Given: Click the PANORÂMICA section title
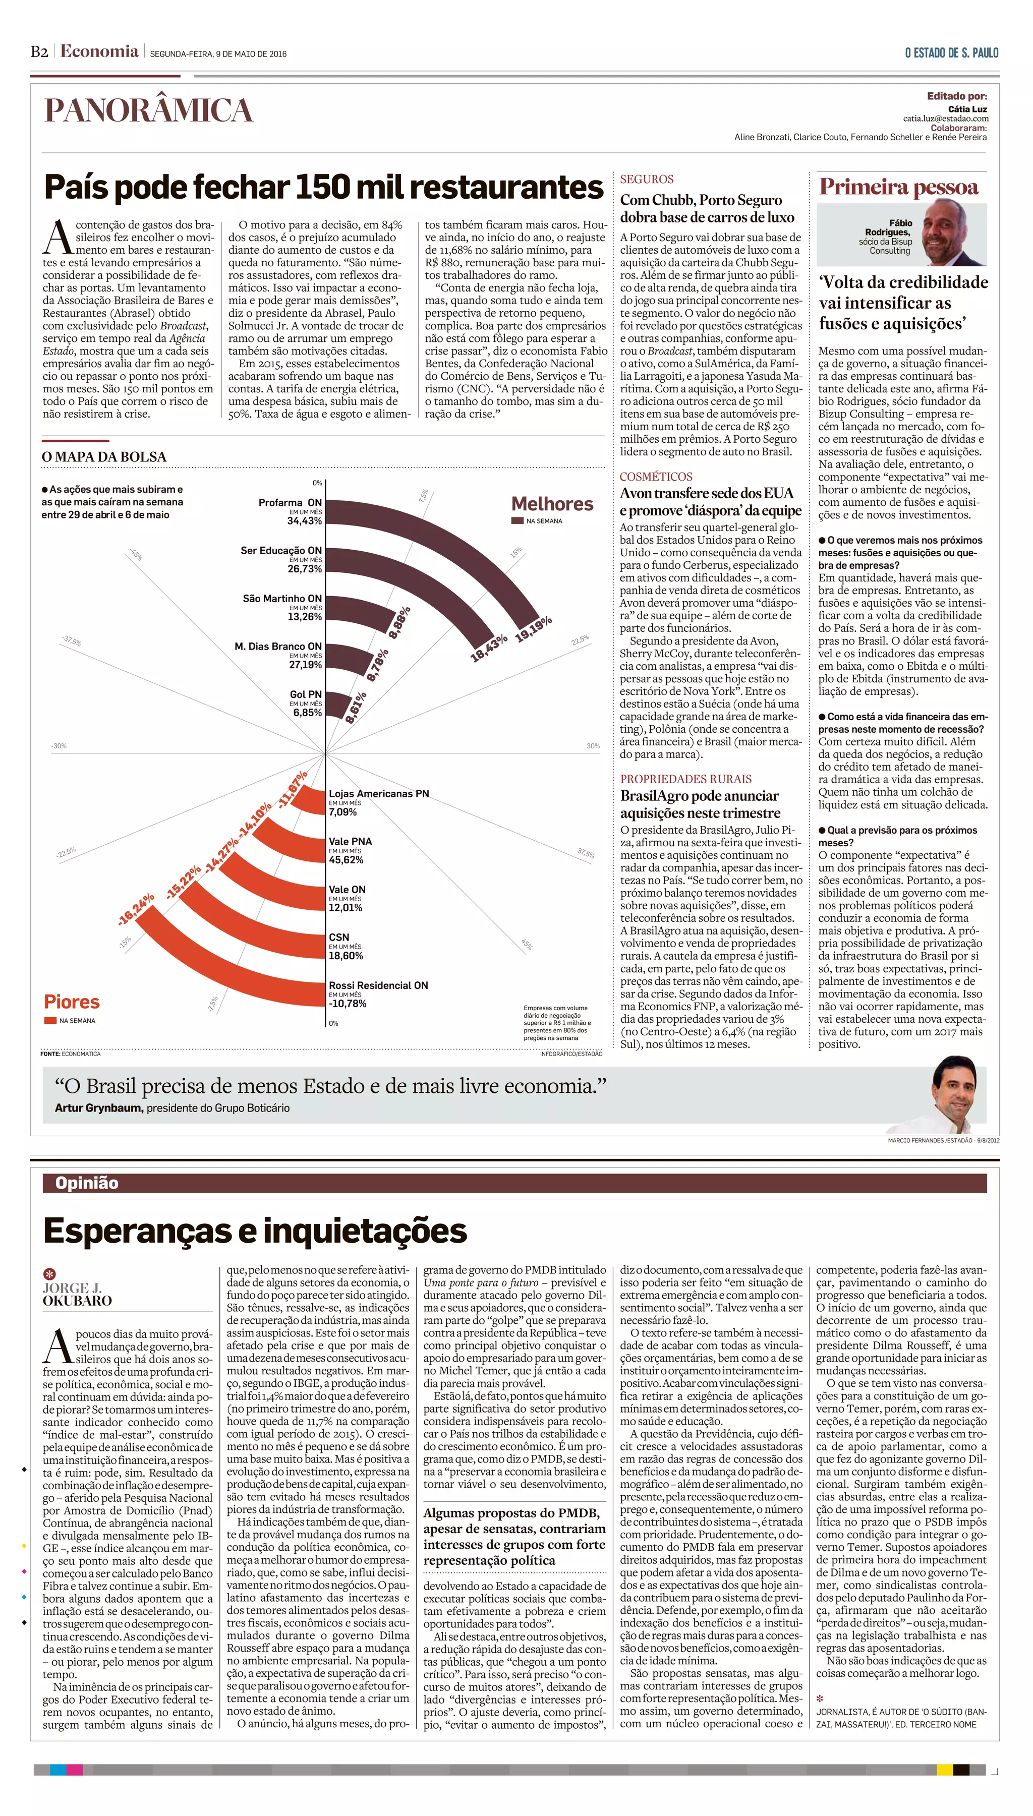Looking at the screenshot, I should [x=148, y=110].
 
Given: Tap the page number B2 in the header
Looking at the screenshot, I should [x=39, y=52].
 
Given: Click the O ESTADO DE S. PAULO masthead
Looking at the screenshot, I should [x=951, y=53].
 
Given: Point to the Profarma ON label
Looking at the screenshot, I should [x=290, y=502].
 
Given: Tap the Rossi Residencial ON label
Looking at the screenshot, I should [x=378, y=985].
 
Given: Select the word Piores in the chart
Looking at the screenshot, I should [x=72, y=1002].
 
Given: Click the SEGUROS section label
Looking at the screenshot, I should [x=646, y=180].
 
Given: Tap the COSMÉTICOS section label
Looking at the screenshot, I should [x=656, y=477].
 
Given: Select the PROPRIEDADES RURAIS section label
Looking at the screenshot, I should [x=685, y=779].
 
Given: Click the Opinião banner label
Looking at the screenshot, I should [x=87, y=1183].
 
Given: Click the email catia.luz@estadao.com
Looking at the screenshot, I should [x=945, y=119].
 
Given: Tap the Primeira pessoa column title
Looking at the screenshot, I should [x=898, y=187].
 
